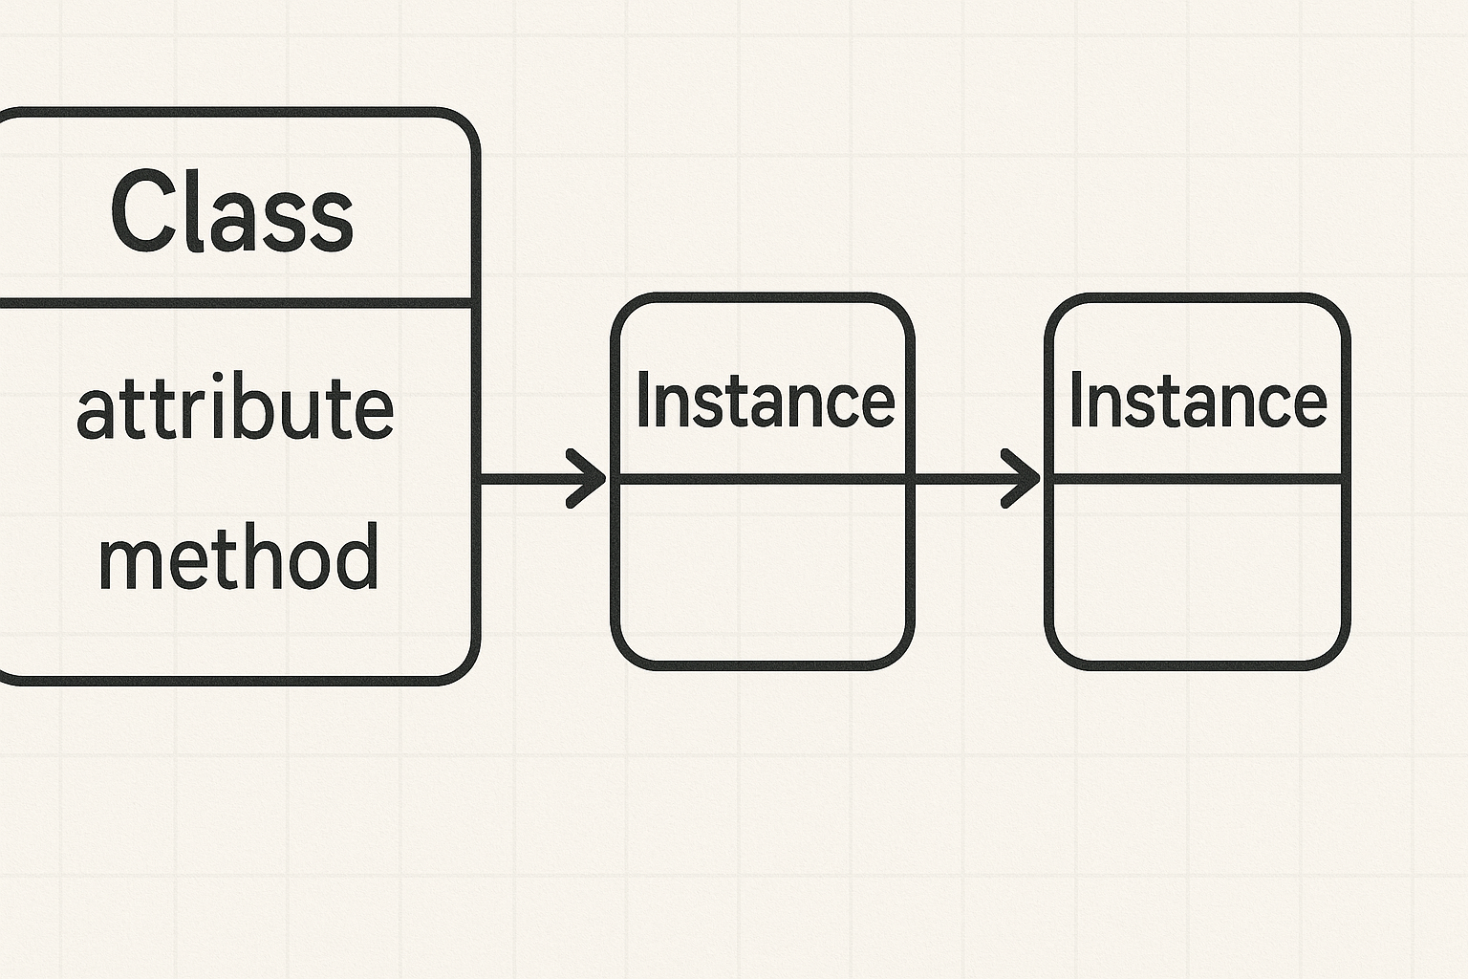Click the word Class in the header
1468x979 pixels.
tap(232, 211)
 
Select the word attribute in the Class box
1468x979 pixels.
tap(235, 406)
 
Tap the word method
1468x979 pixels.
tap(239, 556)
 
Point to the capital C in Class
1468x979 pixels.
tap(139, 209)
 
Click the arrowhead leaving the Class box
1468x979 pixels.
tap(586, 479)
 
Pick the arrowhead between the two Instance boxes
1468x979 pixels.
tap(1020, 479)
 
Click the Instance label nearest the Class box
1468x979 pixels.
tap(766, 400)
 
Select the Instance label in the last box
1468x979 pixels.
tap(1198, 400)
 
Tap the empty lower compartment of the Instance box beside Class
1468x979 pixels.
tap(763, 572)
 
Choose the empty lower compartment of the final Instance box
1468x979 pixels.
tap(1198, 572)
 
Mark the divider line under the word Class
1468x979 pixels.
tap(236, 303)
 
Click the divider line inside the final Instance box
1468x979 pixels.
tap(1198, 479)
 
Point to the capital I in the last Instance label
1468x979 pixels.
tap(1075, 399)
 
